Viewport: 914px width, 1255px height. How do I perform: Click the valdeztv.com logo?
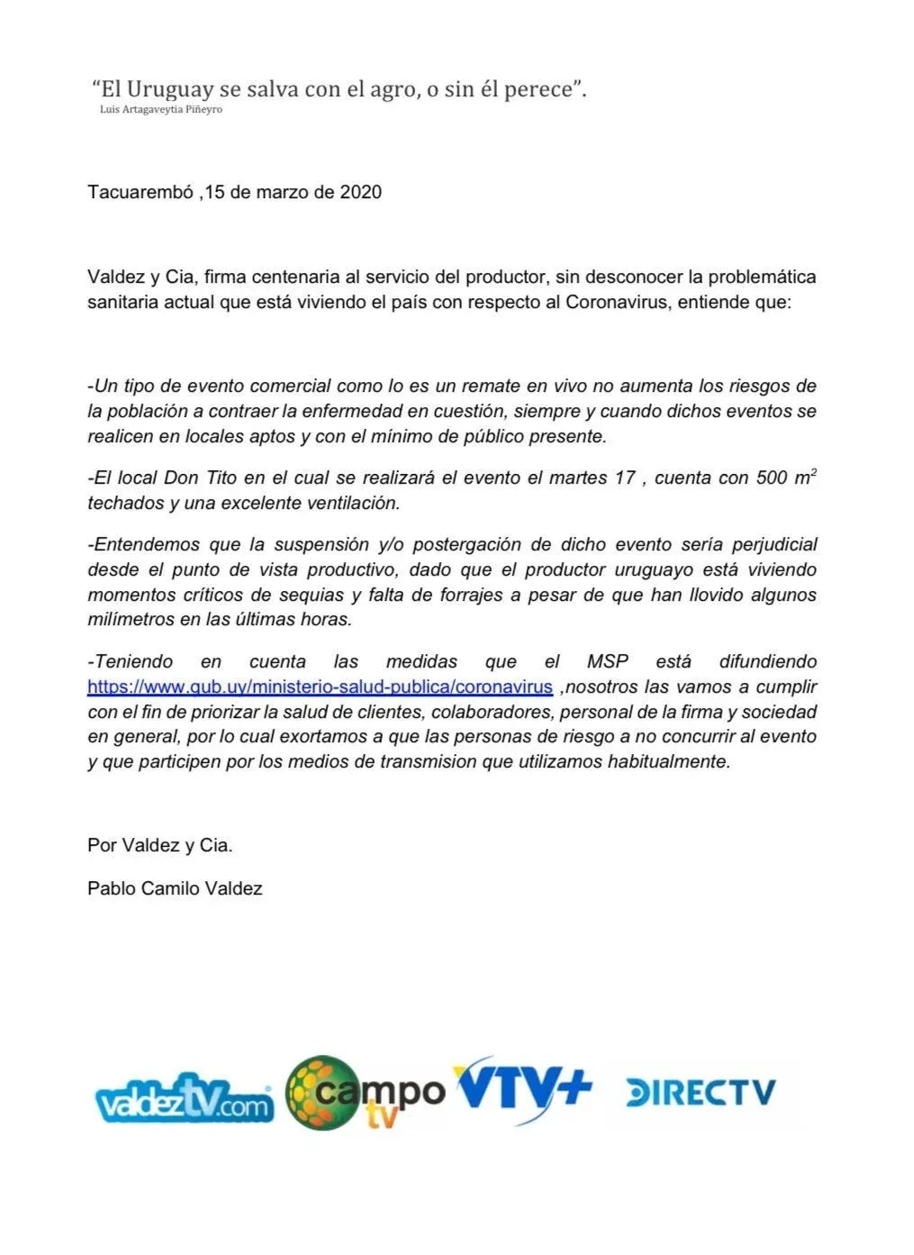[x=184, y=1098]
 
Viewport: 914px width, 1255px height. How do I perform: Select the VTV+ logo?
[x=522, y=1088]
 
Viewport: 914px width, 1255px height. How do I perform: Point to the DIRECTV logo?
[x=700, y=1093]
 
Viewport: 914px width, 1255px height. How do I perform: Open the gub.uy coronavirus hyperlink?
[x=320, y=687]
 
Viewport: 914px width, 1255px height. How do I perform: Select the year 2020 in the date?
[x=360, y=192]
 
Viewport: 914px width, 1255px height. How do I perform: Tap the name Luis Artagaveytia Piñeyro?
[x=161, y=110]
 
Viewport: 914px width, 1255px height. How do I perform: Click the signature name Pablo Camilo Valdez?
[x=175, y=888]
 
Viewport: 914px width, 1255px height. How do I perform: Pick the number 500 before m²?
[x=772, y=478]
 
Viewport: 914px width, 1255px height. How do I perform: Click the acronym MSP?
[x=608, y=661]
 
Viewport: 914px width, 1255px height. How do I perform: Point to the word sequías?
[x=312, y=595]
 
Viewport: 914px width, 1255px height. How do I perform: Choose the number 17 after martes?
[x=625, y=478]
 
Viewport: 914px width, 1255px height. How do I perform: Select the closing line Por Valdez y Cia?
[x=160, y=845]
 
